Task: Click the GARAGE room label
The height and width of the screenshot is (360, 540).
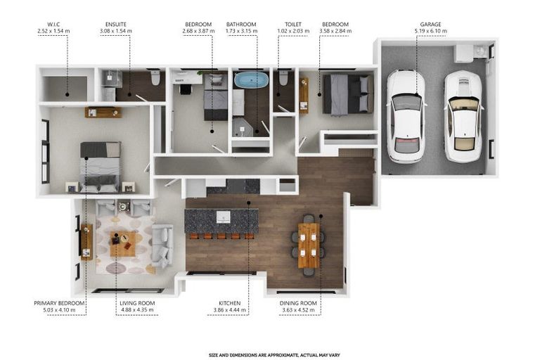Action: click(430, 25)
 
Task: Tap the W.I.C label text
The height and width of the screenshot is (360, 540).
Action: click(53, 25)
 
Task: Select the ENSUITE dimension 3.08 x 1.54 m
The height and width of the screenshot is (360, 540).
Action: click(116, 31)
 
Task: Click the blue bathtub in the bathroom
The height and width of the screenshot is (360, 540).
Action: click(250, 79)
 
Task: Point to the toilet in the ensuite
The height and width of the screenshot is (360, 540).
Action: click(155, 77)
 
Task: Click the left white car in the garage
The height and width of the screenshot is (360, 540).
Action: click(406, 116)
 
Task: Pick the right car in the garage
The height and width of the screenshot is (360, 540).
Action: click(463, 116)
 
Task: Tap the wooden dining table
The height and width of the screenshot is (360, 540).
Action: click(309, 245)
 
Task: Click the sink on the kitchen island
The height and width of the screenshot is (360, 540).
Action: click(223, 217)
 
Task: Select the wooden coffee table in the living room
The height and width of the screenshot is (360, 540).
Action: click(123, 244)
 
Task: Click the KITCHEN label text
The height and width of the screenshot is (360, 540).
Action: click(230, 303)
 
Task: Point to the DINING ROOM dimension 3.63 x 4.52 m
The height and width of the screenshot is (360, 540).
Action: click(298, 310)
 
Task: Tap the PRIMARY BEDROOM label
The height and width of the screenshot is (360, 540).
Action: click(59, 303)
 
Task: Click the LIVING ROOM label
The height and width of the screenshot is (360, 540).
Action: click(137, 303)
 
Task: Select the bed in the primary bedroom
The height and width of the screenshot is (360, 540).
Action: click(101, 167)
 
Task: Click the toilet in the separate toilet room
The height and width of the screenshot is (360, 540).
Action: click(283, 78)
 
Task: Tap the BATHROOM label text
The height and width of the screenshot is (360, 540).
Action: click(241, 25)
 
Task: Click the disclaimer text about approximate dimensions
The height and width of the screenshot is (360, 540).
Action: click(274, 355)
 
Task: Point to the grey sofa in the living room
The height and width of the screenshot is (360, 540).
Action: click(162, 245)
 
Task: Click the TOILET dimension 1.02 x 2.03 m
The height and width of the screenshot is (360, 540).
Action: click(293, 31)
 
